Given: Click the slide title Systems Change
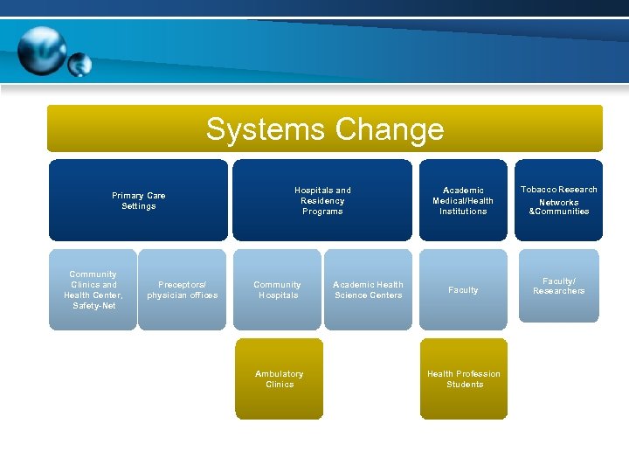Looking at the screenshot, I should (324, 129).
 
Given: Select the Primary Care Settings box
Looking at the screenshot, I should (138, 200).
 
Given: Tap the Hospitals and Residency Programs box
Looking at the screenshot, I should (322, 200).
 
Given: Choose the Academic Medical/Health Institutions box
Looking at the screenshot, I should (463, 200).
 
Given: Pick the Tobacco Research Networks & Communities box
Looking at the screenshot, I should (558, 200).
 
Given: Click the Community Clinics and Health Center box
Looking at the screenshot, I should (93, 289).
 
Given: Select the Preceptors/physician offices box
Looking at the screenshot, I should (182, 289).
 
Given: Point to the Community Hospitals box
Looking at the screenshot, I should (277, 289).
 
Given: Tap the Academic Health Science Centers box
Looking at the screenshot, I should (368, 289).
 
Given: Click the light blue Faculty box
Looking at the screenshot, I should (463, 289).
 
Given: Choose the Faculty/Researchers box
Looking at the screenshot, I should (558, 287).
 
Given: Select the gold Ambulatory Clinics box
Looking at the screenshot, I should (279, 378).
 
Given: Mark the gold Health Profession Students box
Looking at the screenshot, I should (463, 378).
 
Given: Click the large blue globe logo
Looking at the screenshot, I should (41, 51).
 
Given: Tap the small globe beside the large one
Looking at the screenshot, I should (79, 64).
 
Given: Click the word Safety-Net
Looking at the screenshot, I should (94, 306).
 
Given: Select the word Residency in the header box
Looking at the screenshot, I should (322, 201).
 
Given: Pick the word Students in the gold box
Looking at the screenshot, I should (464, 385).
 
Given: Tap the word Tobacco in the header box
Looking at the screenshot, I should (538, 190).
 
